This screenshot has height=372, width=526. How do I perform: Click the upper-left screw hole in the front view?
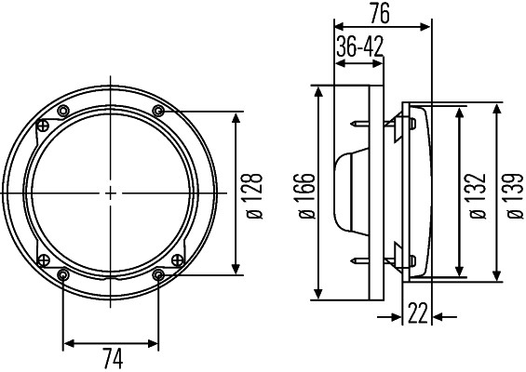pos(63,112)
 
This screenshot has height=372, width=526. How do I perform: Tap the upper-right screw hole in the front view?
pos(158,112)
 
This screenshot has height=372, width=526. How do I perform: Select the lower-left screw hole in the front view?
pos(63,274)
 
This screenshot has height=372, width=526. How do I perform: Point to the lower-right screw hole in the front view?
pos(158,274)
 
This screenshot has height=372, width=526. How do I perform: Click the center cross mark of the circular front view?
pos(111,193)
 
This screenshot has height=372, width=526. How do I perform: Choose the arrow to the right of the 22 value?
pos(445,315)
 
